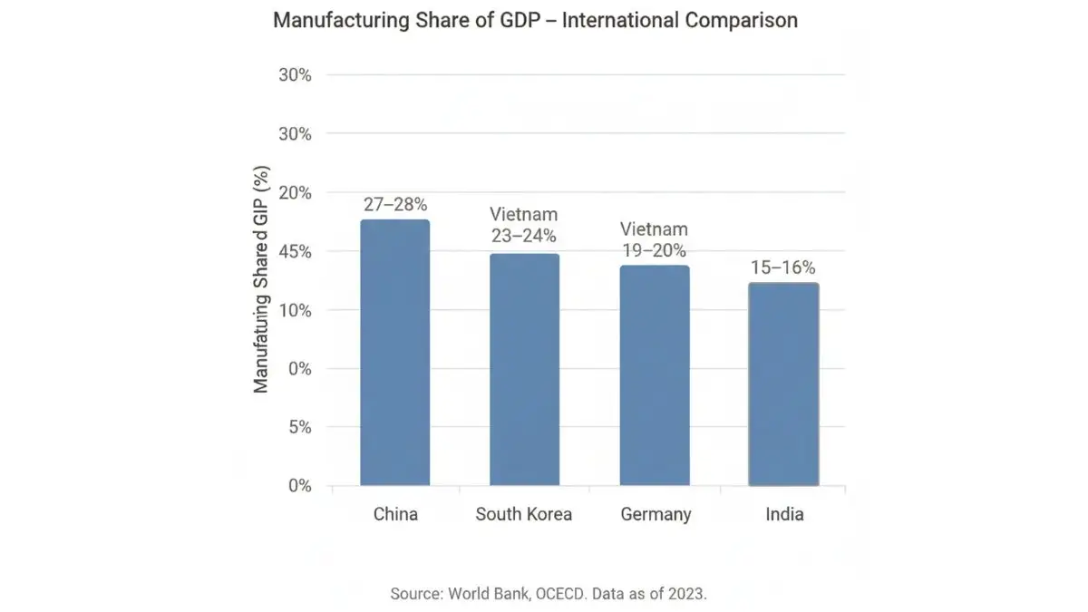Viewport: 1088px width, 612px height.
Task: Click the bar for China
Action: [x=394, y=353]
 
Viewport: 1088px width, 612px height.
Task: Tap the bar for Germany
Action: [x=655, y=375]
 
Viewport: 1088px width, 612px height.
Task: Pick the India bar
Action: [x=783, y=384]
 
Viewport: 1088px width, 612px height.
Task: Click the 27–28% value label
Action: [x=395, y=205]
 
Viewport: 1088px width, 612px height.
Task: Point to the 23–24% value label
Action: [x=523, y=236]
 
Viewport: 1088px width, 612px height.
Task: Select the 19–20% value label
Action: [x=654, y=249]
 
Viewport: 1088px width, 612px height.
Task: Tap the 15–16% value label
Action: [x=782, y=267]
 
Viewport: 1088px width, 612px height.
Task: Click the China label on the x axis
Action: [x=395, y=514]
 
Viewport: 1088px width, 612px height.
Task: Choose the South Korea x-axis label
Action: [x=524, y=514]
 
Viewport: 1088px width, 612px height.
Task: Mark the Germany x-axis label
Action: [x=656, y=514]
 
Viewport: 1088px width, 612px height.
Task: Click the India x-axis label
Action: [x=784, y=514]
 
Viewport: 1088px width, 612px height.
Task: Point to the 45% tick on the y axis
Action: [x=294, y=251]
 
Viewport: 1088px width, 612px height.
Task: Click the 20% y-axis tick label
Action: [x=294, y=192]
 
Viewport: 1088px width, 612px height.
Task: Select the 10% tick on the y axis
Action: [x=294, y=310]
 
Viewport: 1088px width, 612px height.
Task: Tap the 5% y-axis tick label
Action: [x=299, y=427]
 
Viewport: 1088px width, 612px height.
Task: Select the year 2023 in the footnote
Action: [x=685, y=595]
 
